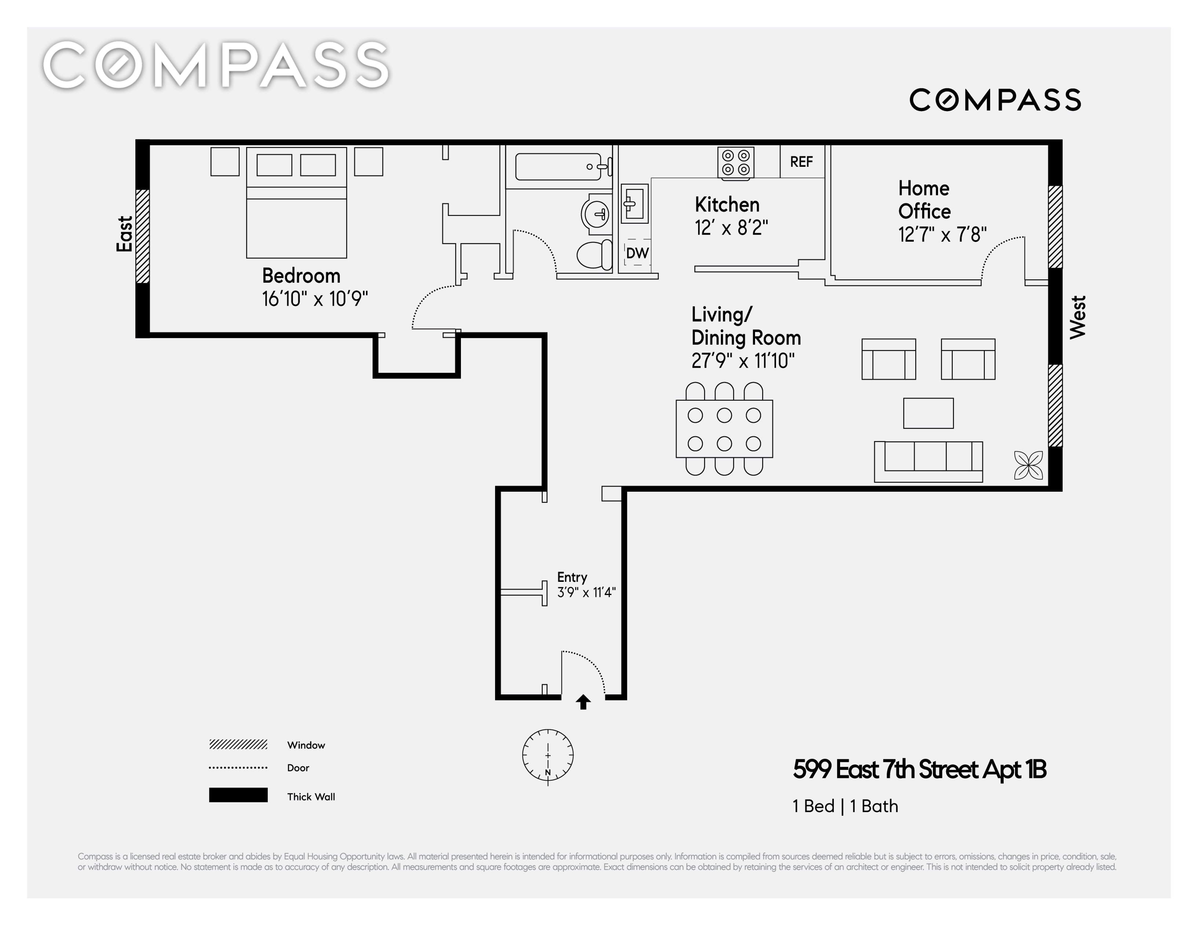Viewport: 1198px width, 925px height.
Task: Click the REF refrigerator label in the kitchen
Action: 801,162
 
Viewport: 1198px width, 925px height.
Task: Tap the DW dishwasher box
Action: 637,252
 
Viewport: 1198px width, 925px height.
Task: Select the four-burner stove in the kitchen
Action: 736,163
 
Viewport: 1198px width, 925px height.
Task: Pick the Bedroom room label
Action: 301,275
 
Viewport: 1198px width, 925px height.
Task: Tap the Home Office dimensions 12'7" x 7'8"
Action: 942,235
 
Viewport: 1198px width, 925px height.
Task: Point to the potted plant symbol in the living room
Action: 1028,465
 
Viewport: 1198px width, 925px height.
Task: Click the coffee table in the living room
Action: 928,413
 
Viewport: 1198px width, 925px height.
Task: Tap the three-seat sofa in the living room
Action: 928,462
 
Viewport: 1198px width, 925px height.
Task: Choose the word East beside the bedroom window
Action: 125,234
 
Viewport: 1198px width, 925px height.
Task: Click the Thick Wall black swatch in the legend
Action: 238,795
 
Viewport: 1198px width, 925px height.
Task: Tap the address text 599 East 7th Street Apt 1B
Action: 920,770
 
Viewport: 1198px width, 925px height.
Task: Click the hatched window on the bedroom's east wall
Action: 143,236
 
